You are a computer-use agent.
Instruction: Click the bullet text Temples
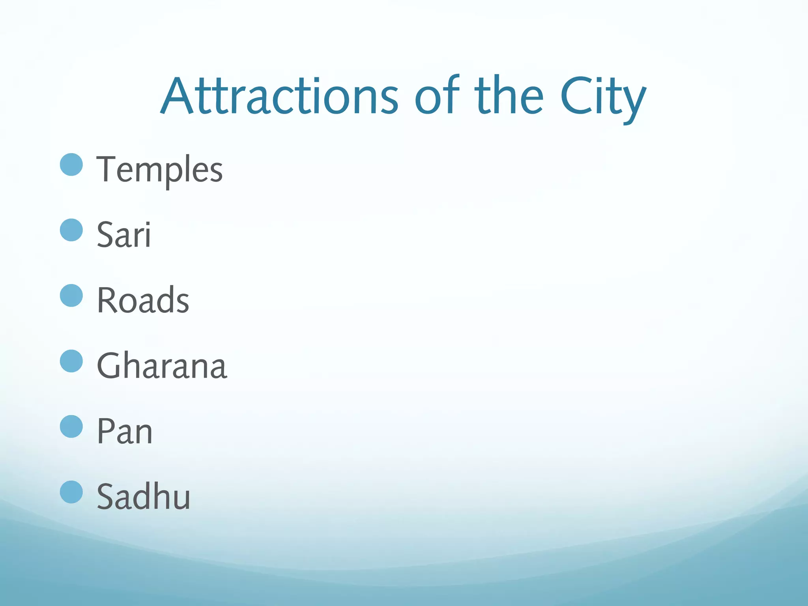pyautogui.click(x=160, y=170)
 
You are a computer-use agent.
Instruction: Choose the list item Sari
pyautogui.click(x=124, y=235)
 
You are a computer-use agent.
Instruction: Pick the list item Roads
pyautogui.click(x=143, y=300)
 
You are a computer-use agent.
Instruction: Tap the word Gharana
pyautogui.click(x=162, y=366)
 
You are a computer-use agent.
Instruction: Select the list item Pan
pyautogui.click(x=125, y=431)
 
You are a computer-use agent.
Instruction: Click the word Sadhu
pyautogui.click(x=144, y=497)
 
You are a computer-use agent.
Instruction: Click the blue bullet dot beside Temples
pyautogui.click(x=71, y=165)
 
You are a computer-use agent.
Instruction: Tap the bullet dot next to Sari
pyautogui.click(x=71, y=230)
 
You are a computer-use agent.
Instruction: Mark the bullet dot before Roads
pyautogui.click(x=71, y=296)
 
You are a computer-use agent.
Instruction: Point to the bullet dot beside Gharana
pyautogui.click(x=71, y=361)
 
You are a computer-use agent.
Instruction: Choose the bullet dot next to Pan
pyautogui.click(x=71, y=426)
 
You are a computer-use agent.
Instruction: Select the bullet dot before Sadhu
pyautogui.click(x=71, y=492)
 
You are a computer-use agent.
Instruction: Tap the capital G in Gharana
pyautogui.click(x=112, y=366)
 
